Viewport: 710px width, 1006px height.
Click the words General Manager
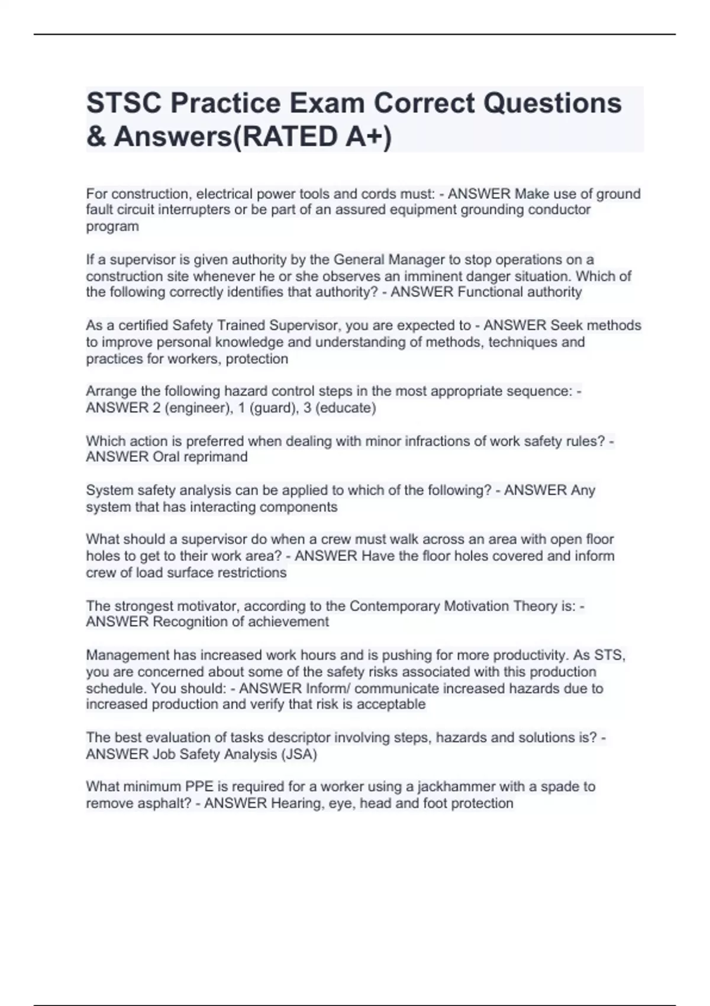pos(379,260)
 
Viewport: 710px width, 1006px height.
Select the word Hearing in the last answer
pos(295,804)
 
